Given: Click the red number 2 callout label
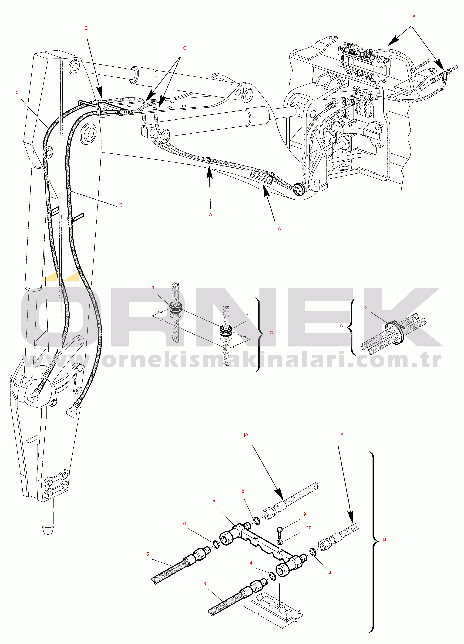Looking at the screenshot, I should coord(366,308).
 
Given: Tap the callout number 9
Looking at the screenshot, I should coord(305,514).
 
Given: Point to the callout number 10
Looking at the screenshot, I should coord(309,528).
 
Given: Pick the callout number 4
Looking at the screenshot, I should coord(251,563).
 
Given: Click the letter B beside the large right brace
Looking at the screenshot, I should coord(385,539).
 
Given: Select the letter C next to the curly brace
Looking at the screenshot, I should coord(271,333).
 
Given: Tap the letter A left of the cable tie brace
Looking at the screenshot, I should coord(341,325).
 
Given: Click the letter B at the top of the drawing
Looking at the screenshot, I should coord(86,28).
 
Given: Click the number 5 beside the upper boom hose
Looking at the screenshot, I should coord(17,92).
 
